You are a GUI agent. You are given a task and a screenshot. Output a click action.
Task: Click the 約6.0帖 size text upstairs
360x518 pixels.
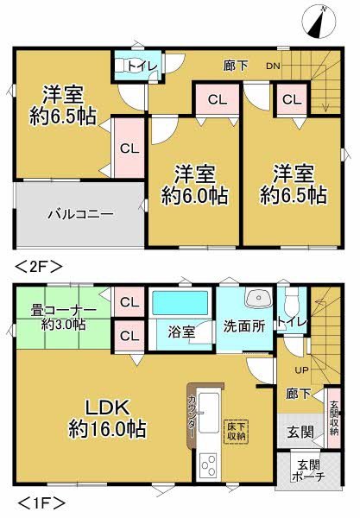pos(194,196)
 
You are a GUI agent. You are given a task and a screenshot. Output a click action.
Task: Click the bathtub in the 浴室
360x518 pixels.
pos(180,305)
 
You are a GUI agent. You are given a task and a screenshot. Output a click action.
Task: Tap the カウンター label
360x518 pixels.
pos(191,420)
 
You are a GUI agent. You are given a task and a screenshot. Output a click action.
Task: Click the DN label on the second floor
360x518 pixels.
pos(272,66)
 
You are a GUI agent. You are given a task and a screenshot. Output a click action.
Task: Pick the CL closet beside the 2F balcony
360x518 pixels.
pos(128,148)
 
